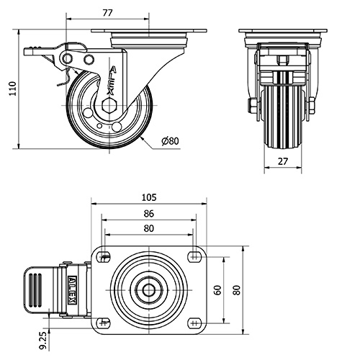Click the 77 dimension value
point(108,13)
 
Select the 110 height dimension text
point(12,89)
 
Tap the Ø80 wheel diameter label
point(170,141)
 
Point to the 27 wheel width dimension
point(283,161)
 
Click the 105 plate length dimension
point(149,197)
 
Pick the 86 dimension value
point(149,214)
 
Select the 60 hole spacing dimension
point(217,290)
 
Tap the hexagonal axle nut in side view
point(109,106)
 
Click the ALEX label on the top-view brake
point(73,290)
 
